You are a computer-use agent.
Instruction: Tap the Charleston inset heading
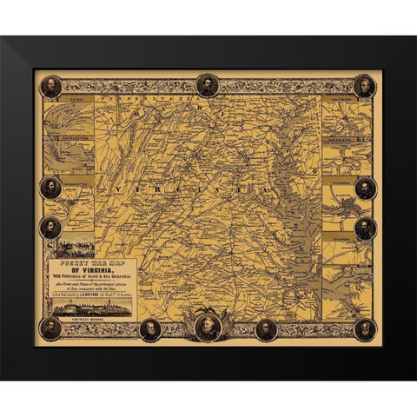tap(69, 136)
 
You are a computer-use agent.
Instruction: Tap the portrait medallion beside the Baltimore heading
tap(365, 85)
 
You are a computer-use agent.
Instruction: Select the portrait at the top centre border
tap(207, 84)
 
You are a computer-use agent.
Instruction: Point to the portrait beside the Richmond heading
tap(365, 187)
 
